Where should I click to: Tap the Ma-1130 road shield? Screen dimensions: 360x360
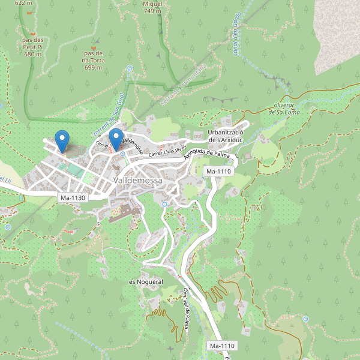coord(73,197)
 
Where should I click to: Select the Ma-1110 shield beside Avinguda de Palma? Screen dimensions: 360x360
coord(218,172)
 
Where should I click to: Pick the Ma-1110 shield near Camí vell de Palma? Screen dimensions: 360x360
coord(222,346)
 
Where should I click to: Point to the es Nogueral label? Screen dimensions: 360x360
coord(146,281)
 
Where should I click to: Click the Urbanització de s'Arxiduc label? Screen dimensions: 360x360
coord(225,136)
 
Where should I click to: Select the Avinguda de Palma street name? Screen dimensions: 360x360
coord(208,154)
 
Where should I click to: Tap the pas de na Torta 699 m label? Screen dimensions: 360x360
coord(93,60)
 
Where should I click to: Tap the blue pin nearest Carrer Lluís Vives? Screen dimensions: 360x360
coord(116,139)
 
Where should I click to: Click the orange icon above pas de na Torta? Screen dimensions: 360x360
coord(93,45)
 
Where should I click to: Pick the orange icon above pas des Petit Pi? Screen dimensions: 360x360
coord(34,32)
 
